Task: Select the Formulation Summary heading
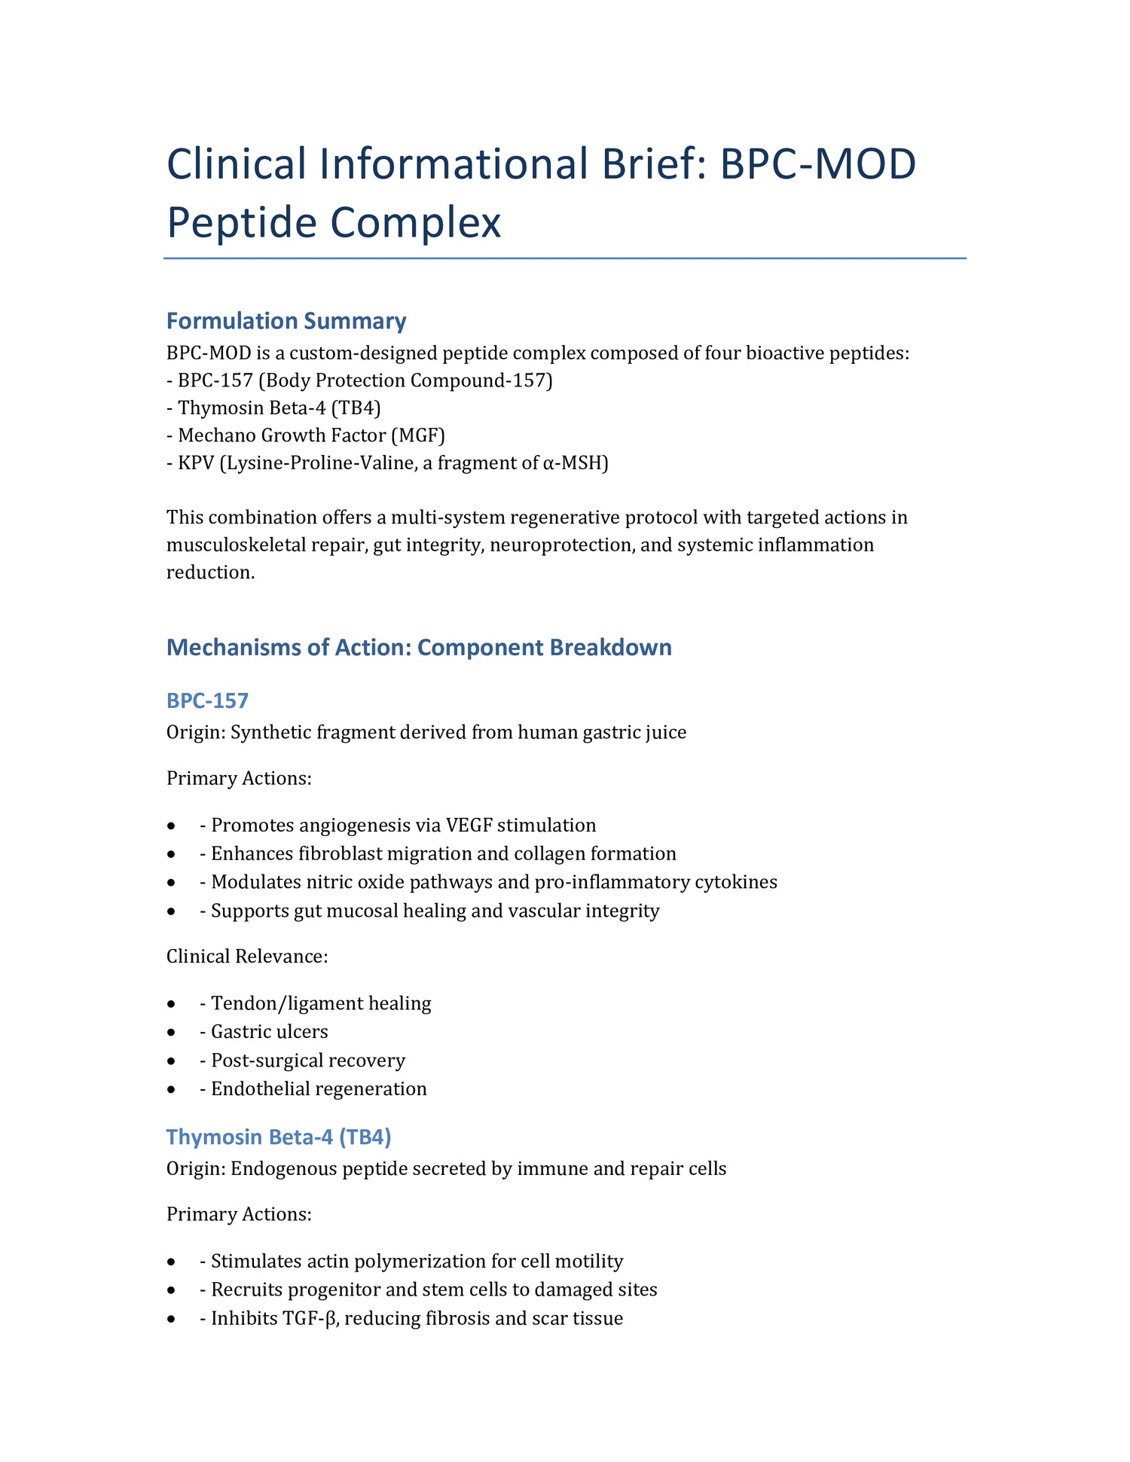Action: (286, 321)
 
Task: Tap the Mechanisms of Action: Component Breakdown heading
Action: (419, 647)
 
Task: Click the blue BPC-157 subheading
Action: (207, 700)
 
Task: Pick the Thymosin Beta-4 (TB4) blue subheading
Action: (279, 1137)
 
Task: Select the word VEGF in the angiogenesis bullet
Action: (466, 825)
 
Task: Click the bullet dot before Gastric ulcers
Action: (173, 1032)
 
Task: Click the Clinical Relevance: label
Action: (247, 957)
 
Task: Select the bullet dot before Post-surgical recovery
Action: (173, 1061)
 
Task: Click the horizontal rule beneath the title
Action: (565, 258)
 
